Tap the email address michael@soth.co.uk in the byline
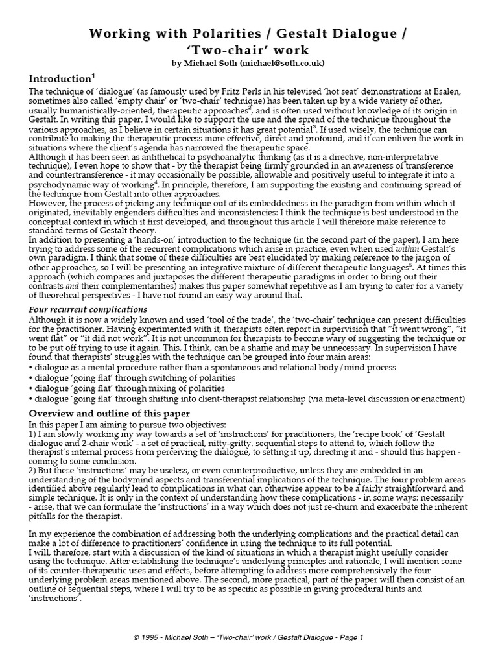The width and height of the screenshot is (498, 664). [280, 64]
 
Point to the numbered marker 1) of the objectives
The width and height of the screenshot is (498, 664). [33, 434]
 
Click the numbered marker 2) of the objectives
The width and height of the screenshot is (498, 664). [33, 470]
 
